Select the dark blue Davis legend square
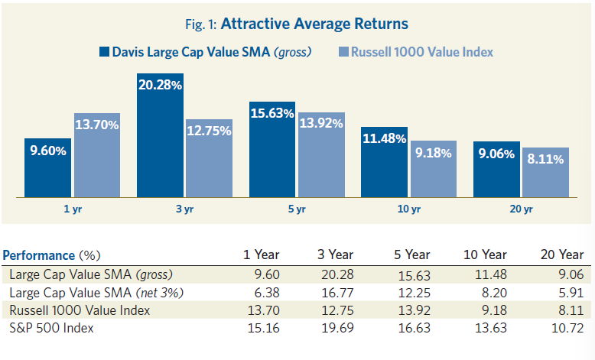click(105, 52)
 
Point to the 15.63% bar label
click(272, 114)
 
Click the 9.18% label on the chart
click(434, 153)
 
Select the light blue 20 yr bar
click(545, 172)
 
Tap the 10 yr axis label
click(409, 209)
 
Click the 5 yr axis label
click(297, 209)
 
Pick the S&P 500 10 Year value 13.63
click(491, 328)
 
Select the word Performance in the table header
click(39, 255)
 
